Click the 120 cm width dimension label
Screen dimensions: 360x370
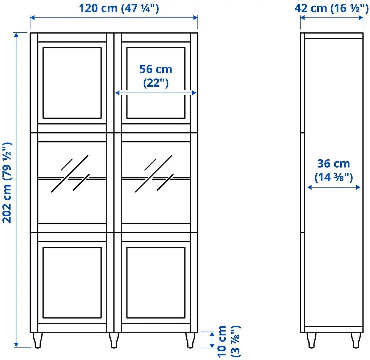point(119,8)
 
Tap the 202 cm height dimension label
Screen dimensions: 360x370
point(7,183)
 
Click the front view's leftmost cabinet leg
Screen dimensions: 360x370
point(38,340)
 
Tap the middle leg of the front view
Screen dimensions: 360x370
point(114,340)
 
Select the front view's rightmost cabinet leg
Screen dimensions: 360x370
point(190,340)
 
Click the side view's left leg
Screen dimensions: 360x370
point(311,340)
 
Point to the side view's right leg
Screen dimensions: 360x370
point(355,340)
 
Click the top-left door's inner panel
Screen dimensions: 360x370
point(72,83)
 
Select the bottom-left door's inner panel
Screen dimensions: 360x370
point(72,282)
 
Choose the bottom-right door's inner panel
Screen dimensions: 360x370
point(156,282)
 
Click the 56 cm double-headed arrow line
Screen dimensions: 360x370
point(156,94)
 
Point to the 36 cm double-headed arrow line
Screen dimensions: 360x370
point(334,188)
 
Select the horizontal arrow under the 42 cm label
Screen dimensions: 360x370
point(332,18)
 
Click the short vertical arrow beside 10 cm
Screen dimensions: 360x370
point(211,340)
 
